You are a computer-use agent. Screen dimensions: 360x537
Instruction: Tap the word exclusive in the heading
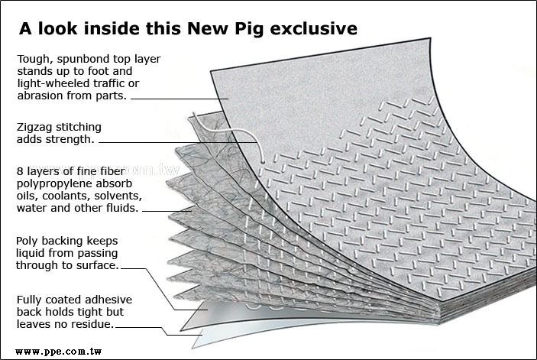[x=320, y=29]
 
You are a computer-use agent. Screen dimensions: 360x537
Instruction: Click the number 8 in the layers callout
[x=19, y=171]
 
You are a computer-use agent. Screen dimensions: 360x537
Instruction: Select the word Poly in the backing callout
[x=27, y=241]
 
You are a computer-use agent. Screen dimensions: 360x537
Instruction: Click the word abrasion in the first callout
[x=39, y=96]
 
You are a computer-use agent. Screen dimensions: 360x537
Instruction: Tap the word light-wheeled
[x=49, y=84]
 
